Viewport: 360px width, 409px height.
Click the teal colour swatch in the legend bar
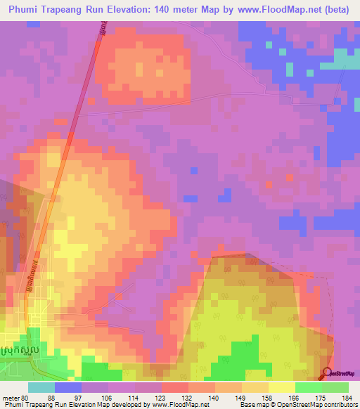(x=41, y=387)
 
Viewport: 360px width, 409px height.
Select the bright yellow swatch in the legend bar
(x=282, y=387)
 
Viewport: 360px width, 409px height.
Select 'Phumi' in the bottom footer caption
(x=12, y=405)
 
